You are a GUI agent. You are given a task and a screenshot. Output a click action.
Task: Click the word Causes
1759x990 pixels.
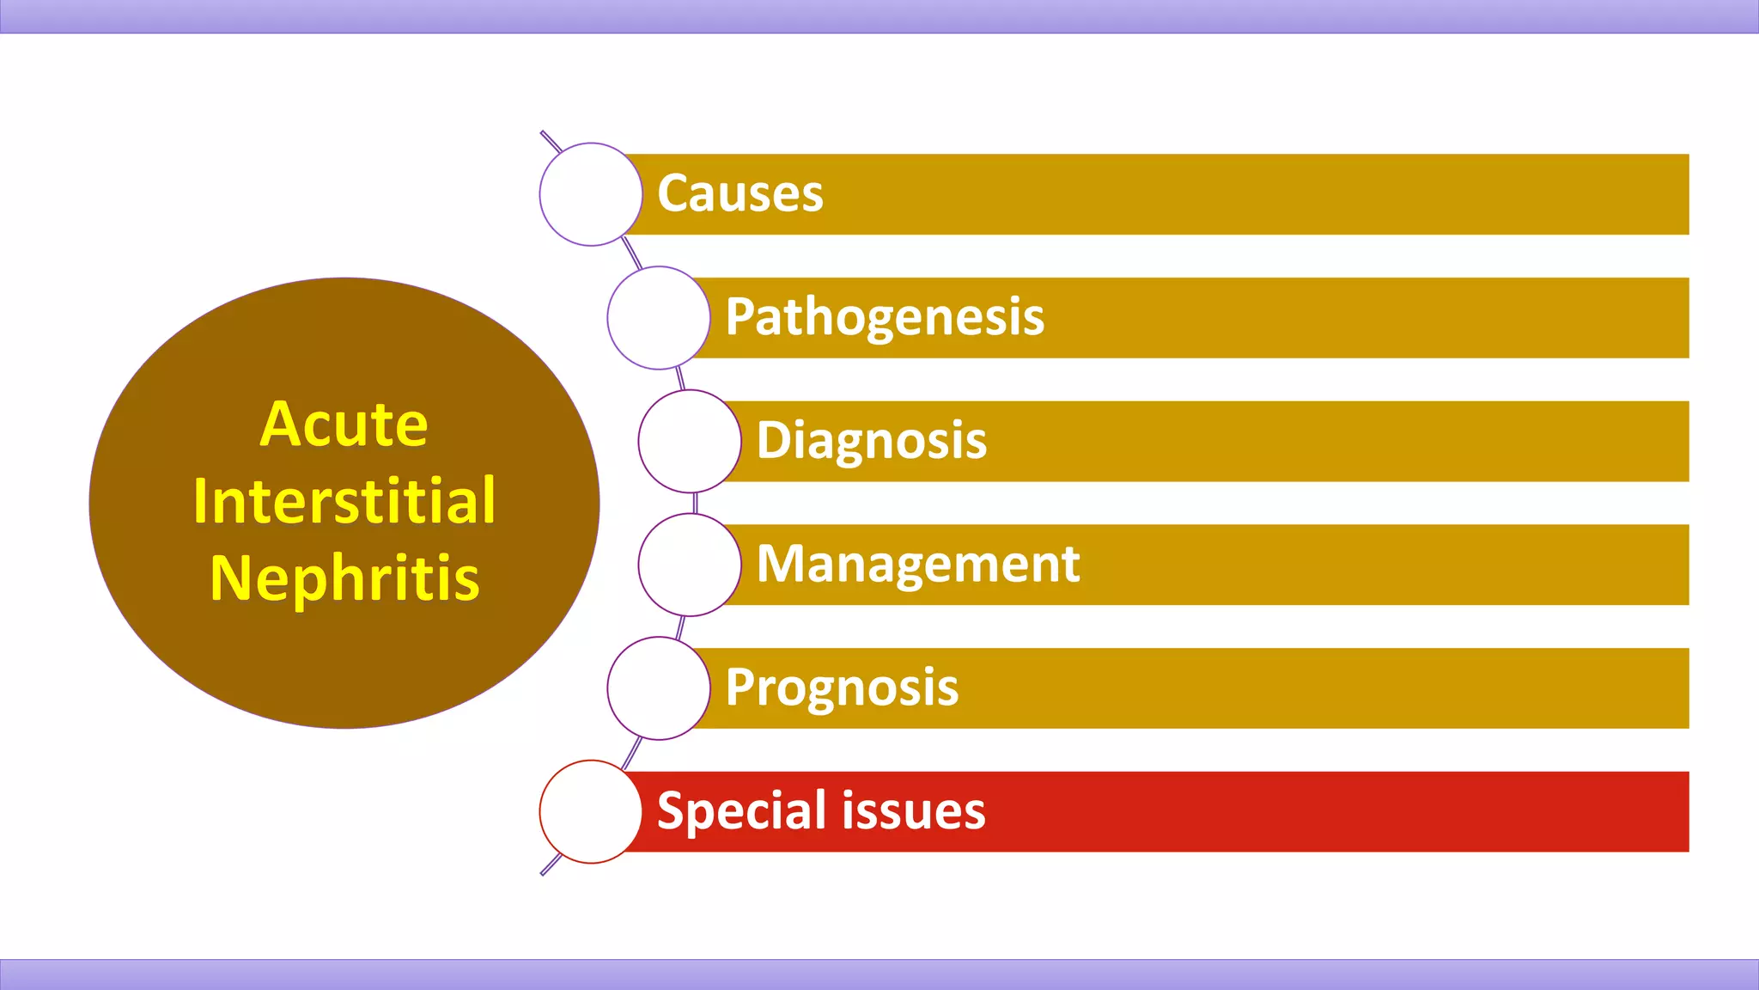click(x=740, y=193)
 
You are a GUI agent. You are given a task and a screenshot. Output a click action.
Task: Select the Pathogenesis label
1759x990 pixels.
click(x=884, y=317)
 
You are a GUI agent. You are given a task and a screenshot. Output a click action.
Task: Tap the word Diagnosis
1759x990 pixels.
click(x=871, y=441)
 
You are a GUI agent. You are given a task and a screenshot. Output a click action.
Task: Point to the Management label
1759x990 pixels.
click(x=917, y=565)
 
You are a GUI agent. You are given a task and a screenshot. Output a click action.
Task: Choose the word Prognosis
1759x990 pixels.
click(x=841, y=688)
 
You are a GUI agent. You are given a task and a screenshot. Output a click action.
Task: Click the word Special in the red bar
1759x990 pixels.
click(x=740, y=811)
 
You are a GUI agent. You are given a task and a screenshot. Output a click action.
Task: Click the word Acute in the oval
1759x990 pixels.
click(x=344, y=424)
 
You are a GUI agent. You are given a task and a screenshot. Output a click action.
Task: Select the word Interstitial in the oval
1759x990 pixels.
click(x=344, y=500)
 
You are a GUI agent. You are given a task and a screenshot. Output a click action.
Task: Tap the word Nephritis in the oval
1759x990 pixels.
click(x=344, y=577)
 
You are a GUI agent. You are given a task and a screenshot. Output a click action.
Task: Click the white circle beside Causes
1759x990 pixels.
click(x=591, y=194)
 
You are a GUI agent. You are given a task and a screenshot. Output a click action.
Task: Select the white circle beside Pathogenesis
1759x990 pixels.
click(x=659, y=318)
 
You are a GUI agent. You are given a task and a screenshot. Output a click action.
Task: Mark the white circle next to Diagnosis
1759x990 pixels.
click(x=690, y=441)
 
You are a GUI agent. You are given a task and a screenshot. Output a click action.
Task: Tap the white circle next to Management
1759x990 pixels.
click(x=690, y=565)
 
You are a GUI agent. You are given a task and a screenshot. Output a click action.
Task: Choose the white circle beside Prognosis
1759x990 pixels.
click(x=659, y=688)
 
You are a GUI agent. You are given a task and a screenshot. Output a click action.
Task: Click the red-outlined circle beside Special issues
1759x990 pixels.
click(x=591, y=811)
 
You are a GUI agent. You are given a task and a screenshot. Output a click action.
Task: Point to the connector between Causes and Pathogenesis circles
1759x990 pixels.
click(x=631, y=254)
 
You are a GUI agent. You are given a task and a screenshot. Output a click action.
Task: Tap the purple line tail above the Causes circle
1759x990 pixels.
click(x=550, y=141)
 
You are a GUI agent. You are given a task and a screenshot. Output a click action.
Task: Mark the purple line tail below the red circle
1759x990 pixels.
click(x=550, y=865)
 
